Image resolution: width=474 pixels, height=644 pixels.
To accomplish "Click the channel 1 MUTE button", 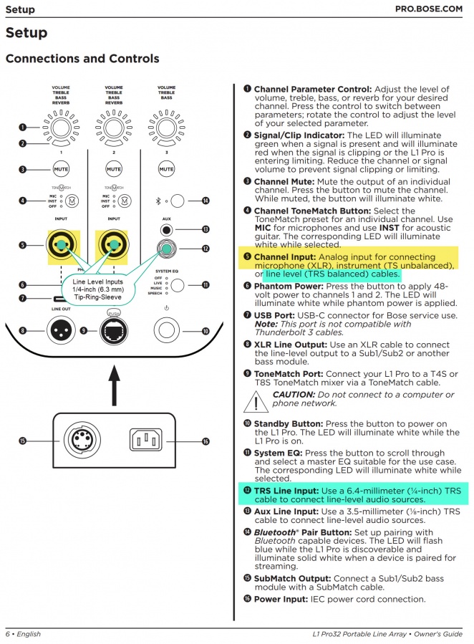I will point(61,170).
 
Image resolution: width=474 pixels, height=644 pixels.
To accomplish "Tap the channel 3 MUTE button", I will point(166,170).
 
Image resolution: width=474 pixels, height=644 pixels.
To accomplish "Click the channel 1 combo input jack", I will point(61,245).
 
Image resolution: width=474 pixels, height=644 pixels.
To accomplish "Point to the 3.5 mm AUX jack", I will point(166,230).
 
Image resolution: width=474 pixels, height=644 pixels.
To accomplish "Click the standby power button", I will point(166,330).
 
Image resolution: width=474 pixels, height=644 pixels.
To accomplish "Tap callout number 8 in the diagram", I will point(23,330).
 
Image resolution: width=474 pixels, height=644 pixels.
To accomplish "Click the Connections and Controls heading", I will point(82,59).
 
